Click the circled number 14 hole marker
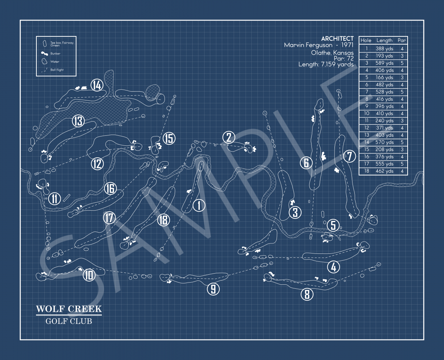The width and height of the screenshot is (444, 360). [97, 85]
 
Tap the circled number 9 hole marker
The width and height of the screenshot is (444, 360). [213, 289]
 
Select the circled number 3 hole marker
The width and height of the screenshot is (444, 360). [295, 212]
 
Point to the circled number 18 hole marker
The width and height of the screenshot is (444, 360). [163, 220]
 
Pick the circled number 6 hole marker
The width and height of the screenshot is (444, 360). [306, 163]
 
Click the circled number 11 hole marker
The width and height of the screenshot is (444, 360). [55, 198]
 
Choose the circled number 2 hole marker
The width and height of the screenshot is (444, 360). [229, 137]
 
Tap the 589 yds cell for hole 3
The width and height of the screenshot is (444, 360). [384, 63]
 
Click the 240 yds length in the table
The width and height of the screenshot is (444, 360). [384, 121]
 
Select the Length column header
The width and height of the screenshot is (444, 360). [384, 40]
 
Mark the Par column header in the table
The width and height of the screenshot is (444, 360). [402, 40]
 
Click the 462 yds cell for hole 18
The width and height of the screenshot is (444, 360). [384, 171]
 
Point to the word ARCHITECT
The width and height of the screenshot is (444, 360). [337, 39]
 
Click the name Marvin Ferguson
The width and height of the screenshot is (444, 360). [308, 45]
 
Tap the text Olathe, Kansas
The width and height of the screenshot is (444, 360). [332, 53]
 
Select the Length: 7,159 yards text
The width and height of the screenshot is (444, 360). [326, 64]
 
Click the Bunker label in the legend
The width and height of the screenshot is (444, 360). [55, 54]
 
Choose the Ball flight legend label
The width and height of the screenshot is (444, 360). [57, 70]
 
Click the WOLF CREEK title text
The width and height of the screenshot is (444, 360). [69, 309]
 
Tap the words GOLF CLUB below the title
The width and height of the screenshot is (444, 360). [69, 321]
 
